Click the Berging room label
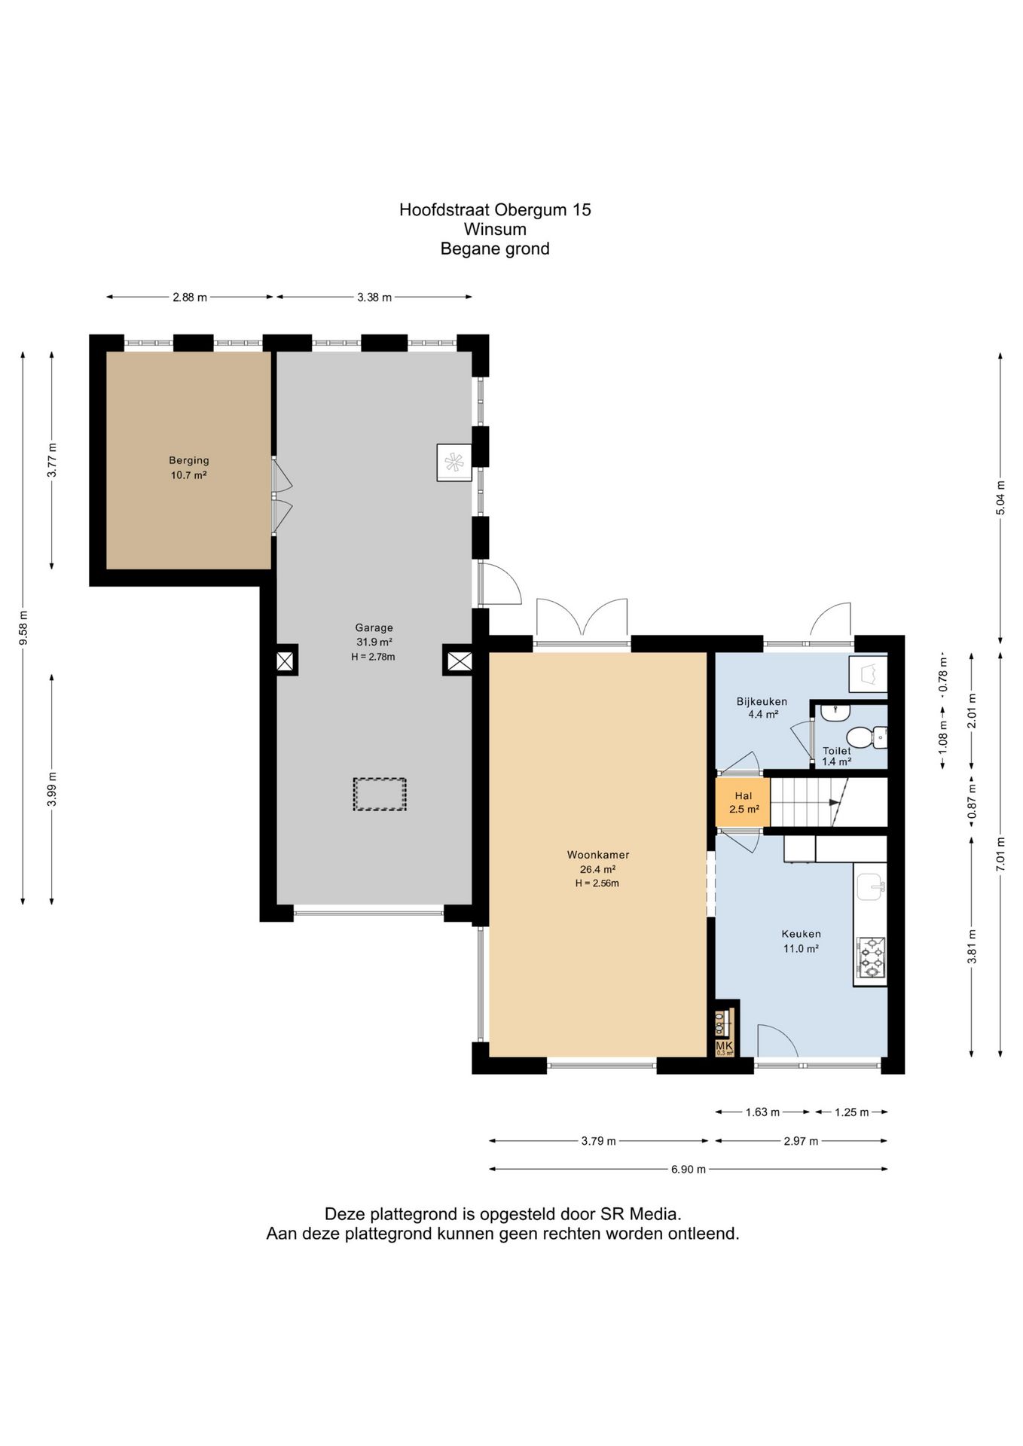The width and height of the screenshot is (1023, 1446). pos(189,460)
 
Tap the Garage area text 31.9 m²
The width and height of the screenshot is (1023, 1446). pos(374,642)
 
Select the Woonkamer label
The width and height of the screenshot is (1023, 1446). pos(598,855)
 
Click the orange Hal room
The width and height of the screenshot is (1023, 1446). pos(743,802)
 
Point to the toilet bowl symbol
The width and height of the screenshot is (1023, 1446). pos(866,737)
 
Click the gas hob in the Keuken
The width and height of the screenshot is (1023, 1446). pos(872,958)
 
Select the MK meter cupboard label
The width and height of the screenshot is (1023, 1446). pos(724,1045)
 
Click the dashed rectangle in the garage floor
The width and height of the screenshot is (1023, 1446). pos(380,794)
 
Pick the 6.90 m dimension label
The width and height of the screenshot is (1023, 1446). pos(689,1169)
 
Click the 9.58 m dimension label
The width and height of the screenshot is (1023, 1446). pos(23,627)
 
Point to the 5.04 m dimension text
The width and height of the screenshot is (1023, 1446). pos(1000,498)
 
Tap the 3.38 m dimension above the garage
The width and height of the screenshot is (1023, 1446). pos(374,297)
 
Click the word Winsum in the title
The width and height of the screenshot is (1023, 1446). pos(495,229)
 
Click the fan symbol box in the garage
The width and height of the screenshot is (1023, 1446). pos(454,462)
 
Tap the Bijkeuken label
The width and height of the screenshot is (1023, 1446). pos(762,701)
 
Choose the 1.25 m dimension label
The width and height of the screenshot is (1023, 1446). pos(852,1112)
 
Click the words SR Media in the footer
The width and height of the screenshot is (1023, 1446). pos(640,1213)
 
